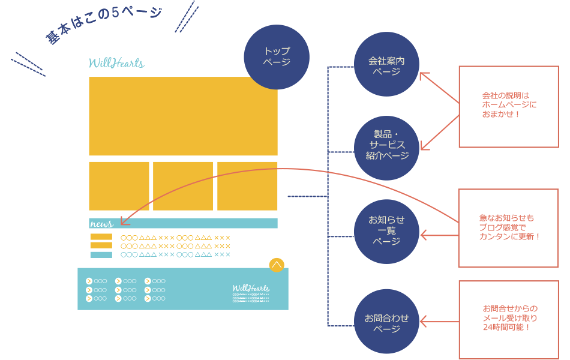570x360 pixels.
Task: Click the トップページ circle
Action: pos(277,57)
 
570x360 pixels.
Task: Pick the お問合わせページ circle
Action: pos(387,323)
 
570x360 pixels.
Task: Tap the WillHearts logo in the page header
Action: pos(116,63)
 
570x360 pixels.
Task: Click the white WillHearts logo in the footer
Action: pos(251,288)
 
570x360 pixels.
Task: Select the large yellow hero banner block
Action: pos(183,116)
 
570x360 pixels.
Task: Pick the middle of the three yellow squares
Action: pos(183,186)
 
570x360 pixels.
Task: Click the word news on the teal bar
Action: pos(101,224)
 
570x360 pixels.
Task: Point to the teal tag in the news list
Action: pos(101,255)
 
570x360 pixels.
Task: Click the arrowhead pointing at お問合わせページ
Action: pos(422,322)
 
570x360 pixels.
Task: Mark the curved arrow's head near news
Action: pos(122,221)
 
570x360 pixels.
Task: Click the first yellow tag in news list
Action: pos(101,237)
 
